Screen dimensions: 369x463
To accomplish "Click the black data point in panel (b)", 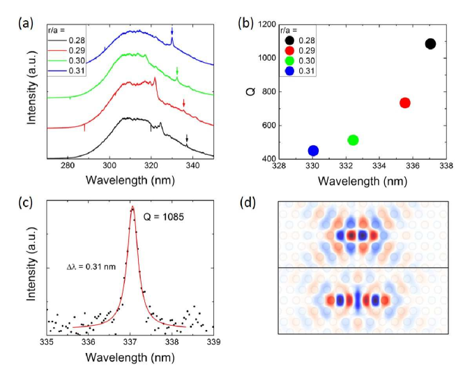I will (430, 44).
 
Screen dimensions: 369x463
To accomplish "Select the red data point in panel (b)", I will (404, 103).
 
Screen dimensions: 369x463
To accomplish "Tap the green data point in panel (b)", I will (353, 140).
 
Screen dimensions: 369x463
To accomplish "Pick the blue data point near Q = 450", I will (313, 151).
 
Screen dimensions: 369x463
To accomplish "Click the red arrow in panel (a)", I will (184, 103).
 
